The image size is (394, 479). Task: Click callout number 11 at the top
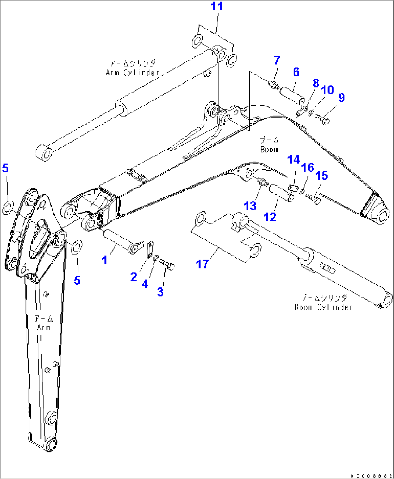tap(217, 7)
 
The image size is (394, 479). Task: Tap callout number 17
tap(202, 264)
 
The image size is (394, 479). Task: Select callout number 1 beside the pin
tap(104, 260)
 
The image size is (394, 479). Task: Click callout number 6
tap(296, 72)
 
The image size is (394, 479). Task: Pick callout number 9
tap(342, 97)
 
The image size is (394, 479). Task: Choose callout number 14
tap(293, 160)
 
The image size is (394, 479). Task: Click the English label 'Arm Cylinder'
tap(132, 72)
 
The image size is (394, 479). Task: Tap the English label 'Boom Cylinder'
tap(323, 307)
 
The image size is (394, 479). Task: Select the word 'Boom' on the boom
tap(269, 149)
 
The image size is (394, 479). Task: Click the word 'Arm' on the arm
tap(43, 327)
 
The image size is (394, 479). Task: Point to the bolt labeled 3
tap(167, 264)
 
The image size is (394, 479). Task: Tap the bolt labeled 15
tap(313, 198)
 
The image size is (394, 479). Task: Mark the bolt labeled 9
tap(322, 118)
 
